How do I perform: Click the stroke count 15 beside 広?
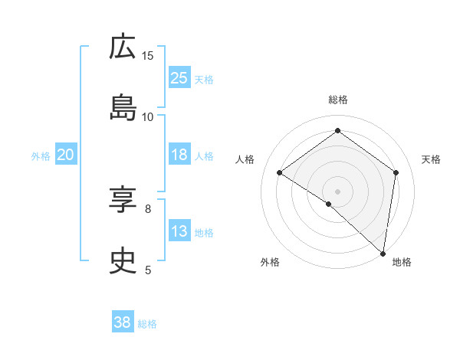click(x=148, y=55)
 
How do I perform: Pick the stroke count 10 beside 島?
click(x=148, y=116)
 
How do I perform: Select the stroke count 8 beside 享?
click(x=148, y=208)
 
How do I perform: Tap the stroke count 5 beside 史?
click(x=148, y=270)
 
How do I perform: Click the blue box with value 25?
click(x=179, y=78)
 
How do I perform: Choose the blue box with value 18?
click(x=179, y=155)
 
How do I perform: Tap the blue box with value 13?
click(x=179, y=231)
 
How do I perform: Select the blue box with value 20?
click(x=66, y=155)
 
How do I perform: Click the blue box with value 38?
click(x=123, y=322)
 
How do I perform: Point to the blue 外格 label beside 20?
click(x=41, y=155)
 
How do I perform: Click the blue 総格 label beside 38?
click(x=147, y=324)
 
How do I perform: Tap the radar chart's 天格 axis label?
click(x=431, y=159)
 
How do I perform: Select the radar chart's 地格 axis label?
click(x=402, y=262)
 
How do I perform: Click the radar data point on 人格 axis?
click(x=280, y=172)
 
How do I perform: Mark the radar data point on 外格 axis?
click(x=329, y=204)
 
